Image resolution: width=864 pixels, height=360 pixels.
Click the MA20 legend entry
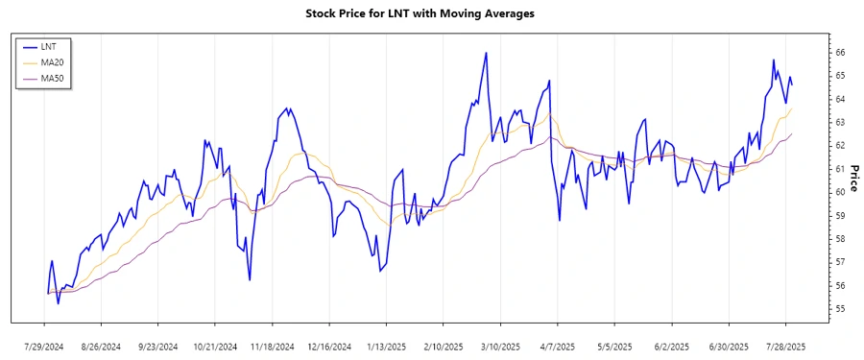click(54, 61)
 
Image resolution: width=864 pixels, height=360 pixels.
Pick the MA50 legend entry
click(54, 78)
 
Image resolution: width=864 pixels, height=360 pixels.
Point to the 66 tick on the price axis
click(838, 52)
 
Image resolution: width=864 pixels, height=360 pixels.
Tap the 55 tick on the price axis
click(838, 309)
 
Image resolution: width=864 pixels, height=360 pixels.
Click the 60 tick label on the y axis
click(838, 192)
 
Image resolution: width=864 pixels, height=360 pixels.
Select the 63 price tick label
click(838, 122)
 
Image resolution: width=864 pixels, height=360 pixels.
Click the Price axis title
click(853, 179)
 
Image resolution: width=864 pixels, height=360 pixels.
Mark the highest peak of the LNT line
click(487, 53)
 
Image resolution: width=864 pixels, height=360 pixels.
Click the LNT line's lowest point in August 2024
click(58, 303)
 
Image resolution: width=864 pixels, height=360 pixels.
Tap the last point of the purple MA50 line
click(792, 133)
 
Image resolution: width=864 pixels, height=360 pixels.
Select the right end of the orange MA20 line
click(792, 108)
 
